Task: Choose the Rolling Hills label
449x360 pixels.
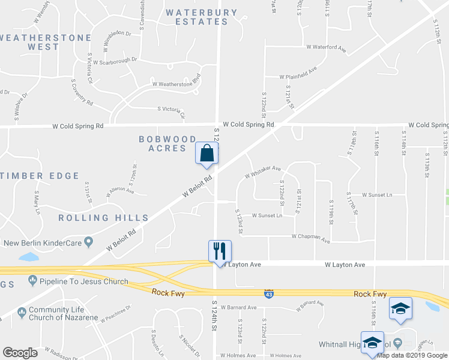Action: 103,218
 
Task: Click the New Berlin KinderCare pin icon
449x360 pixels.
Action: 89,242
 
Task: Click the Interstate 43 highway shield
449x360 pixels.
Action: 270,293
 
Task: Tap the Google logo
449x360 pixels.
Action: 20,353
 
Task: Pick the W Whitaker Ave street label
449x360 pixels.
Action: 263,172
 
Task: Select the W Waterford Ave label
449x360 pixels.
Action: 327,47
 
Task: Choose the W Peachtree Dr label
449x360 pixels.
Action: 116,313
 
